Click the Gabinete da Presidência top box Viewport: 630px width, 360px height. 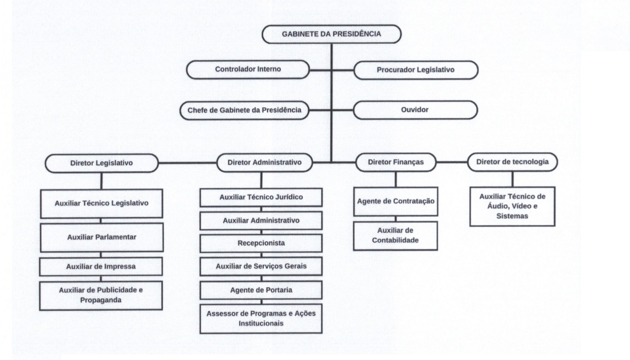(x=331, y=34)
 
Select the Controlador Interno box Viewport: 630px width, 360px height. (x=248, y=70)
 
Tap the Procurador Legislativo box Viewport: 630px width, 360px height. (x=416, y=70)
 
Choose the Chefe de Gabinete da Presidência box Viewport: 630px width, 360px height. (x=244, y=110)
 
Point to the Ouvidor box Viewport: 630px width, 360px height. (x=415, y=110)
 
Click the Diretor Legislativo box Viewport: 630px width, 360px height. (x=101, y=163)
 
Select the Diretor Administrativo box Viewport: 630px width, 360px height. (x=264, y=162)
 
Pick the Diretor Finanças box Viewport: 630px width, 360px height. (x=396, y=162)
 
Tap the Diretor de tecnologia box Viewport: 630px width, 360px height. (x=512, y=162)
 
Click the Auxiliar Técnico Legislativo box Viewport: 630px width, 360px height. (x=101, y=203)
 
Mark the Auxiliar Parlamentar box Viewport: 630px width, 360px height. (x=101, y=237)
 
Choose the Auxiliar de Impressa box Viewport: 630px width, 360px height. (x=101, y=267)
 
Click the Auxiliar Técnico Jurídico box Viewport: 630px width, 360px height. (x=261, y=197)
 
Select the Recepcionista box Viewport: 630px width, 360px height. (x=261, y=243)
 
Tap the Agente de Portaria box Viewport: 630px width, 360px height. (x=261, y=290)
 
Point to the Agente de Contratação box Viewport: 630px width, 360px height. (x=396, y=201)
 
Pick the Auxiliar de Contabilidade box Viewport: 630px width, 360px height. (x=395, y=236)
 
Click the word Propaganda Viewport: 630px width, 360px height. (x=101, y=300)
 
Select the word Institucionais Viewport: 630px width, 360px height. (x=261, y=324)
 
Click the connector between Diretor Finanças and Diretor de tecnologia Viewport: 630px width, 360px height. (x=452, y=162)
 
